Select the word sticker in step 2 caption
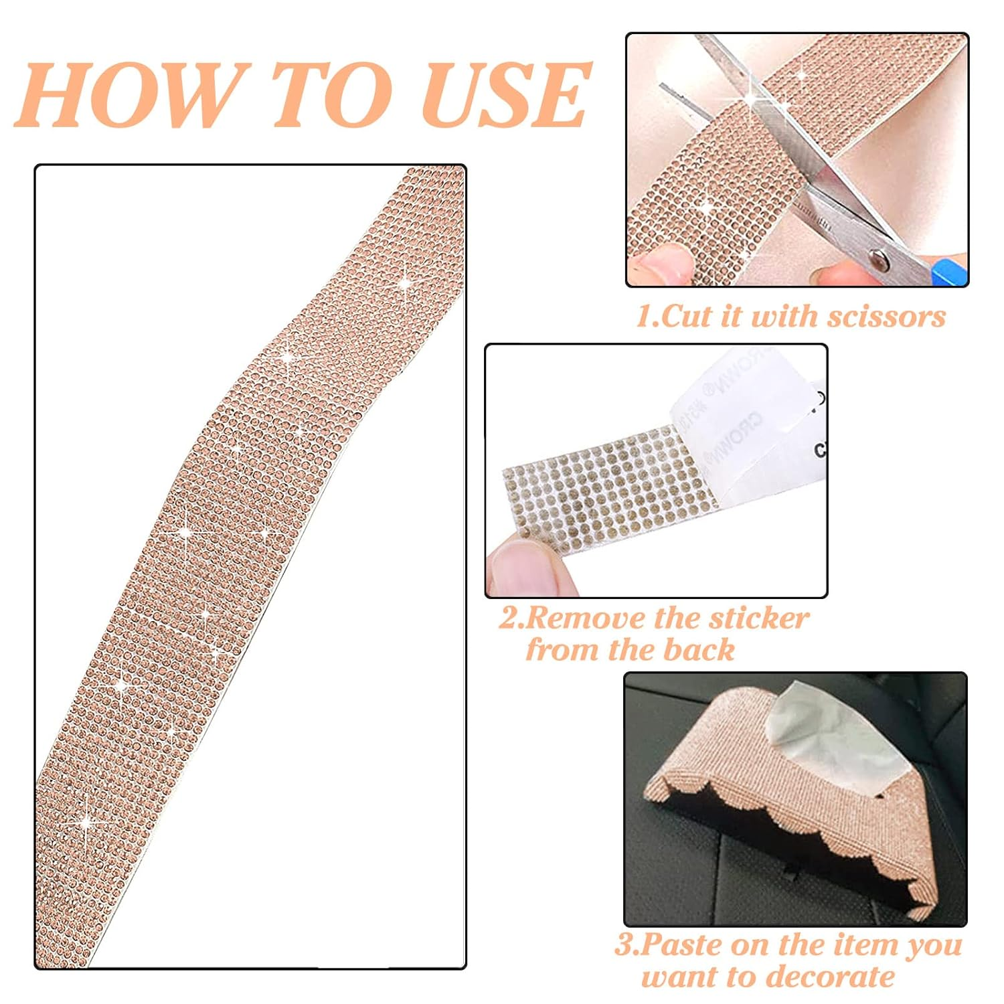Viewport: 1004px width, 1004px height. tap(759, 618)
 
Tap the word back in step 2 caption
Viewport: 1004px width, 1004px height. tap(699, 650)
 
